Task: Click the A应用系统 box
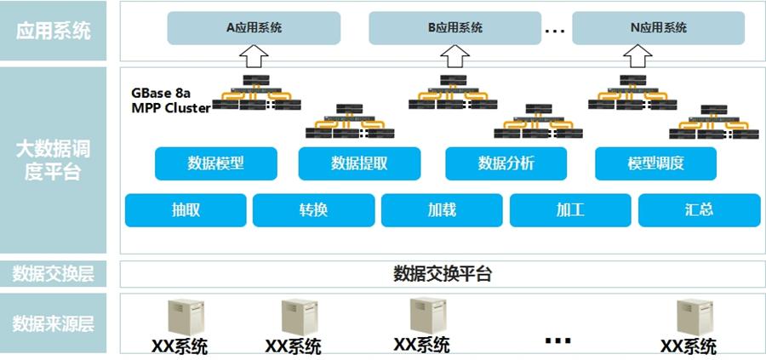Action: [254, 28]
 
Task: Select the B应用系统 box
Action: [454, 28]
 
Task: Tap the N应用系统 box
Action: [659, 28]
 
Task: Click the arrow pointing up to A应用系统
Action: [254, 56]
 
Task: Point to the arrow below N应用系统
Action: [637, 56]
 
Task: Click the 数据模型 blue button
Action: [216, 163]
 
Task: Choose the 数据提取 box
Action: [359, 163]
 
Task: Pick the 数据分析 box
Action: [506, 163]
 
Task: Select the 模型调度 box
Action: [655, 163]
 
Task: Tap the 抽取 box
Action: [186, 210]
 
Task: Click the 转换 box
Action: [313, 210]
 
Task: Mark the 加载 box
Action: [442, 210]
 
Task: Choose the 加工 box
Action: [570, 210]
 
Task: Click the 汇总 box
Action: [699, 210]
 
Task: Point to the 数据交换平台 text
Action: [442, 274]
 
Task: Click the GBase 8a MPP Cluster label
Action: [171, 100]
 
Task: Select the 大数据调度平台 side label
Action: [53, 161]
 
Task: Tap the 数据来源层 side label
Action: [53, 323]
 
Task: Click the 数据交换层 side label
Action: [53, 274]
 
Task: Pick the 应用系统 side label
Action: [53, 31]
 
